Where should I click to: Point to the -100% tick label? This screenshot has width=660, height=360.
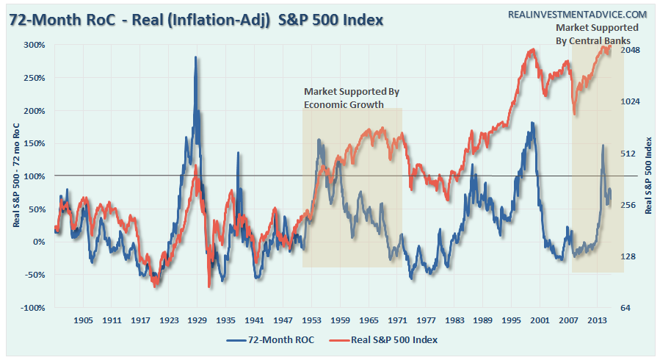coord(34,308)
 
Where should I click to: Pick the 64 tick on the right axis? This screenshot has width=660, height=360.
coord(626,308)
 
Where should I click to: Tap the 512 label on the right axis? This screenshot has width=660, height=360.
coord(628,154)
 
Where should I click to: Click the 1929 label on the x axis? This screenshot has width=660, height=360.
coord(197,321)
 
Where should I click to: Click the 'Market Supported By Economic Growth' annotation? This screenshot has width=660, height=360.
coord(352,98)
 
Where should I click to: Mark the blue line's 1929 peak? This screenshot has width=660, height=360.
coord(195,57)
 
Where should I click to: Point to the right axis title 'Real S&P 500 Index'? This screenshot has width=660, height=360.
coord(649,176)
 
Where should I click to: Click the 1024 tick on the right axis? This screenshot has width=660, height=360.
coord(631,102)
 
